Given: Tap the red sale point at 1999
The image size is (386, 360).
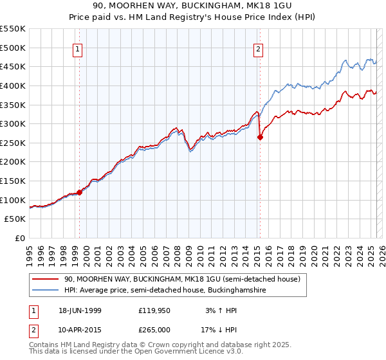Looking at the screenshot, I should point(80,192).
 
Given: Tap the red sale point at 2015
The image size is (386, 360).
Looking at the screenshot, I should point(260,137).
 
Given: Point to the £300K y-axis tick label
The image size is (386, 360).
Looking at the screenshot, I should point(13,123).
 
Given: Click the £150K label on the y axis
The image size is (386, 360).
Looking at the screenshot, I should point(13,181).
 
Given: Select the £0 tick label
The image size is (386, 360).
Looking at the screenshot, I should point(21,238).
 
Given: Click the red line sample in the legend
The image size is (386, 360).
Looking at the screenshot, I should point(46,279).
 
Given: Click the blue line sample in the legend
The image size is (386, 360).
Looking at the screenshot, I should point(46,291).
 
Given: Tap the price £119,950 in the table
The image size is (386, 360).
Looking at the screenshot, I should point(154,310).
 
